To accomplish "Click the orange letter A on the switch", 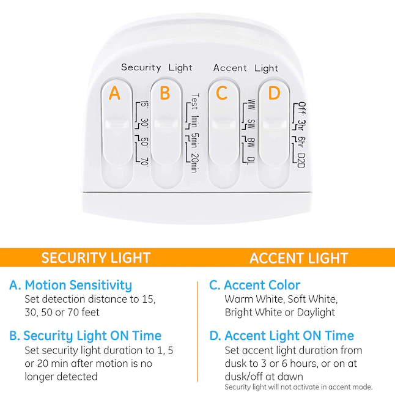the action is [114, 93].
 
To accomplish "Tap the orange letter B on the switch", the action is [165, 93].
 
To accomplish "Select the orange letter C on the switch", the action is [222, 93].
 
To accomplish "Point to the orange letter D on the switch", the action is [274, 93].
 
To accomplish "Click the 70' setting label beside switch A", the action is [144, 161].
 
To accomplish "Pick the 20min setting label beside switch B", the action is [194, 163].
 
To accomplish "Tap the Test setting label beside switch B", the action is [195, 102].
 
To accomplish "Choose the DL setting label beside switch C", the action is [251, 161].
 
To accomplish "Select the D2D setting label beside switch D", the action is [301, 160].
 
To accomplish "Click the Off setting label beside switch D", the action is [302, 108].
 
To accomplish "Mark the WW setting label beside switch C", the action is [251, 105].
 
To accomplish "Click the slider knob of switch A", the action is [117, 125].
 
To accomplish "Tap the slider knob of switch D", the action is [274, 125].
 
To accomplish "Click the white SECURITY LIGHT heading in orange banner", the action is [96, 257].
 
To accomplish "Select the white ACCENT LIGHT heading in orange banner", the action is [299, 258].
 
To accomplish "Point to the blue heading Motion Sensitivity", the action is [78, 285].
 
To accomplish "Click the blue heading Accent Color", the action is [262, 285].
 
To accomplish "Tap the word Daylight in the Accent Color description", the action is [316, 312].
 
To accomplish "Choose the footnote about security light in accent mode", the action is [298, 387].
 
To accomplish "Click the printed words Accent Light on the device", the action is [246, 68].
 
